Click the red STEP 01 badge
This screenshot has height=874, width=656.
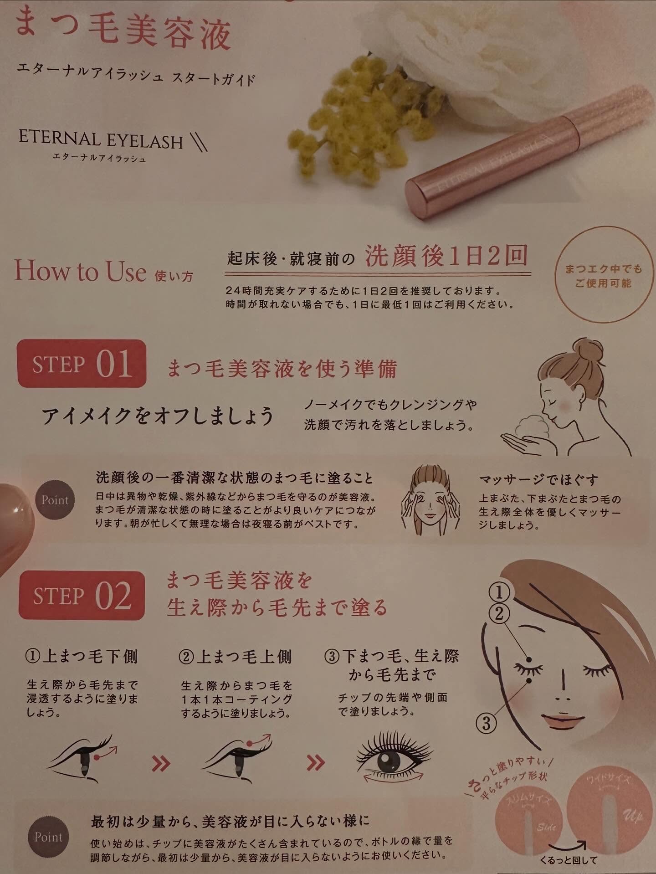[x=82, y=364]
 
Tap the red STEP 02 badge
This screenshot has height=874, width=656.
[x=82, y=596]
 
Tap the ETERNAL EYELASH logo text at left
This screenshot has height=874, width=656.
[x=101, y=140]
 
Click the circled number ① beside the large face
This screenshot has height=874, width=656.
[x=499, y=593]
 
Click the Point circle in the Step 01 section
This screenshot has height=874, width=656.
[x=55, y=500]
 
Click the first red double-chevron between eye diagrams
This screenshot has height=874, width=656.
[x=161, y=762]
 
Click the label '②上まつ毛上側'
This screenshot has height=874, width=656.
[x=235, y=657]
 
